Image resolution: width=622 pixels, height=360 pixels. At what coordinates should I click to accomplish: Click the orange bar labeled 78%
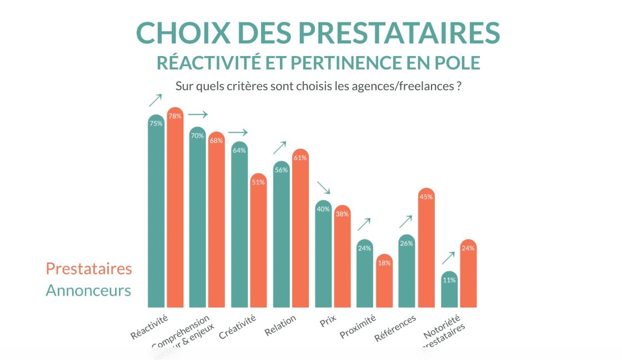[175, 211]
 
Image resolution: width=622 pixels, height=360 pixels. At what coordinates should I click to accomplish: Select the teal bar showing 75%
[156, 217]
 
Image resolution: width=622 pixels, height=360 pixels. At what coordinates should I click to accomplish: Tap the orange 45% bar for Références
[426, 250]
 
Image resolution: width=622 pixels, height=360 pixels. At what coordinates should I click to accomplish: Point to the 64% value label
[239, 150]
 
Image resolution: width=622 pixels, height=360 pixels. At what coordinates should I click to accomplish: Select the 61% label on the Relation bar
[300, 158]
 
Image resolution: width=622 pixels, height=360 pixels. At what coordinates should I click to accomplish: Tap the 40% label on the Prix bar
[323, 209]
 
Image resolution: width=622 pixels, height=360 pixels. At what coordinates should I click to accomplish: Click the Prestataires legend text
[89, 269]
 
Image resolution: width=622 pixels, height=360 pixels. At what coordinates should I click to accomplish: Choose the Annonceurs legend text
[88, 291]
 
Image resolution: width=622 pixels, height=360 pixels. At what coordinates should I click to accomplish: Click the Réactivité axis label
[149, 327]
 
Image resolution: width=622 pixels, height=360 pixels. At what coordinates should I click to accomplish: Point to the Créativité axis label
[238, 327]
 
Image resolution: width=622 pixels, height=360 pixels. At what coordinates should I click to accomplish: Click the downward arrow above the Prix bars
[323, 188]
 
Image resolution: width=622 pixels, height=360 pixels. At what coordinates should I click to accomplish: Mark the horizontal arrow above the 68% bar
[198, 114]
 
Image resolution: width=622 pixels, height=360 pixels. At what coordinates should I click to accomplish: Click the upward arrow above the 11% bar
[448, 258]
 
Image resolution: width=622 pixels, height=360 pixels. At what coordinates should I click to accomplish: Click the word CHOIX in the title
[176, 33]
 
